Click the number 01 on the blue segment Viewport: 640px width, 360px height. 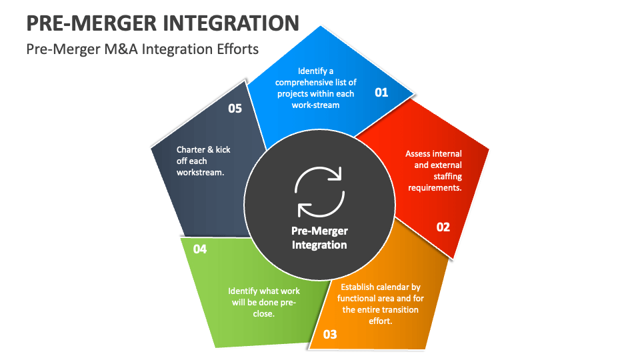click(x=381, y=93)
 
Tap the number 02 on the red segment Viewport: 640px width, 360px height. click(x=443, y=227)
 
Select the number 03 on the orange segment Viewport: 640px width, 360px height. click(x=330, y=335)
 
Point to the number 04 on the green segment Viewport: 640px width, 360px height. click(x=200, y=249)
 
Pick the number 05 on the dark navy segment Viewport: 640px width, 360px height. click(x=235, y=108)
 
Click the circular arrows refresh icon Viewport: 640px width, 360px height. click(x=319, y=192)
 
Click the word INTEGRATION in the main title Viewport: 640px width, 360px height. click(x=229, y=23)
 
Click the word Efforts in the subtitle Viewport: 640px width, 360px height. click(x=235, y=50)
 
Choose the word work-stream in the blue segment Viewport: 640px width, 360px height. click(x=316, y=105)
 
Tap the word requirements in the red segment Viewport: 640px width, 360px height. click(x=434, y=188)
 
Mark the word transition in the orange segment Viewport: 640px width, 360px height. click(x=397, y=310)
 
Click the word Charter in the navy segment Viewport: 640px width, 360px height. click(x=191, y=149)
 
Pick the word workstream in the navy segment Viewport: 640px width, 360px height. click(x=200, y=172)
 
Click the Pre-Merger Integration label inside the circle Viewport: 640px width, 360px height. click(x=319, y=238)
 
